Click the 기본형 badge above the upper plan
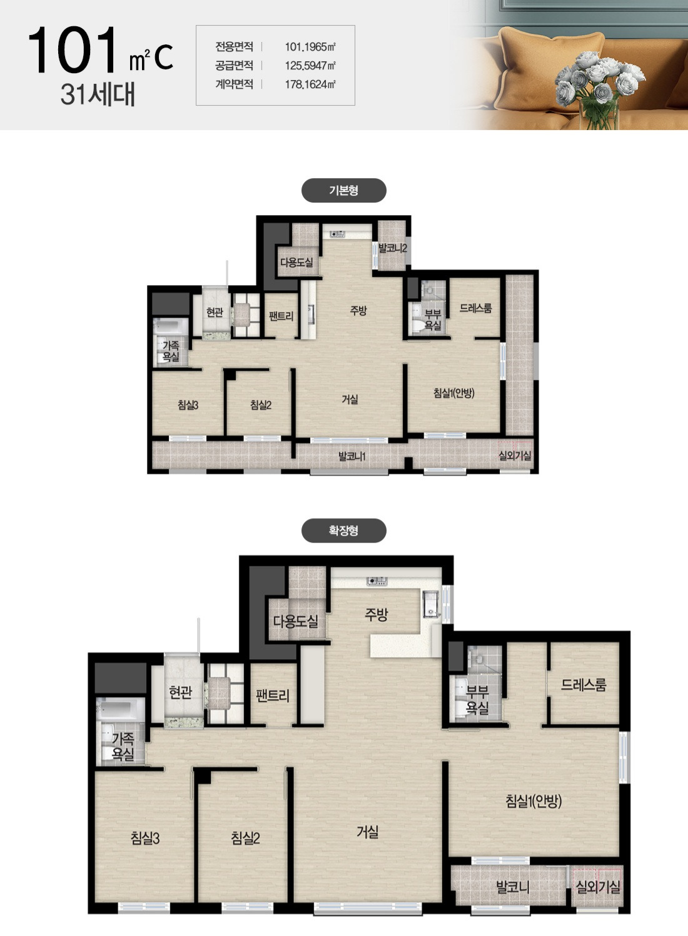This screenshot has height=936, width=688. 343,191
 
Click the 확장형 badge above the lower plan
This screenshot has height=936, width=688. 343,531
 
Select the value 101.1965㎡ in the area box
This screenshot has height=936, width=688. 310,47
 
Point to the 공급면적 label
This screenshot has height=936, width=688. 234,66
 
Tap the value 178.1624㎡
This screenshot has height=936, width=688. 310,84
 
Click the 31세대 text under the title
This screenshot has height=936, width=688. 98,94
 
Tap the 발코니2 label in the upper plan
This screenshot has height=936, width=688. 393,248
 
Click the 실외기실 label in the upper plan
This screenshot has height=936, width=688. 515,455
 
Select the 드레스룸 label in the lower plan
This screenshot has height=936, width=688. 584,685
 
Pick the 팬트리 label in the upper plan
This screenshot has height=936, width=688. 281,316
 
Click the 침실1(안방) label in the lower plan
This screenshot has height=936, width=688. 534,800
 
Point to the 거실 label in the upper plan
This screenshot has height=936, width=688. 350,399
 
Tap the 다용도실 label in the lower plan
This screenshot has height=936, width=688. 296,621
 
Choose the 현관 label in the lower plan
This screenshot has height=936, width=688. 181,692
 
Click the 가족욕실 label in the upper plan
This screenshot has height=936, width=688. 171,351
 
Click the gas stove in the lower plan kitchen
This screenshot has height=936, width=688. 377,580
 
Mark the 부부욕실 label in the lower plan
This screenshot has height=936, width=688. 477,700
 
